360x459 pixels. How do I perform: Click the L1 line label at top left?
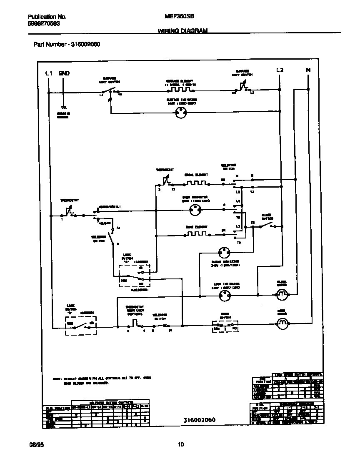click(x=49, y=73)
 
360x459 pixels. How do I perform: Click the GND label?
click(x=64, y=73)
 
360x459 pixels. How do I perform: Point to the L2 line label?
click(x=280, y=70)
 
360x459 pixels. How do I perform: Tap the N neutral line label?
click(x=308, y=70)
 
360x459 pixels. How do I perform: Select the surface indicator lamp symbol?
click(x=181, y=111)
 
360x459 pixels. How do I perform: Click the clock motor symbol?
click(x=282, y=295)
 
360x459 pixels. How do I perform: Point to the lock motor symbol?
click(x=282, y=323)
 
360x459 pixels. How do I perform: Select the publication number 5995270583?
click(x=44, y=24)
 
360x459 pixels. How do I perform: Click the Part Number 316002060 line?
click(x=67, y=44)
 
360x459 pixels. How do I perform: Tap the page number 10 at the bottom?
click(x=181, y=444)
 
